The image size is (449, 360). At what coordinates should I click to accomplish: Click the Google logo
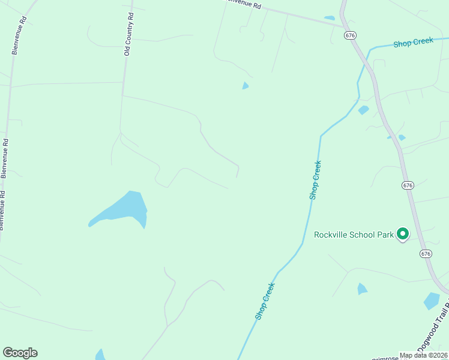(x=20, y=353)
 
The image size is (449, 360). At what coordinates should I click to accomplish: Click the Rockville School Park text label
(x=354, y=235)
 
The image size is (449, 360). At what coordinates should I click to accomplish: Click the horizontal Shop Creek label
(x=413, y=44)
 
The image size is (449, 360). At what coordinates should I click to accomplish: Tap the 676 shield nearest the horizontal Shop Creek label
(x=351, y=35)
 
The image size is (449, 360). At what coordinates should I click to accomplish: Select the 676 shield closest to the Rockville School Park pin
(x=426, y=254)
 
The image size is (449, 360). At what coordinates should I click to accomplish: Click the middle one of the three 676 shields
(x=408, y=185)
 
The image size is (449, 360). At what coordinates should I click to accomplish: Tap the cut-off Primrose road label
(x=385, y=358)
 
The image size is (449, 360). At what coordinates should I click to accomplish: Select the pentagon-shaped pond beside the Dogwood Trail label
(x=432, y=301)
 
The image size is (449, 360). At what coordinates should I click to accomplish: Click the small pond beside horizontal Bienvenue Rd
(x=329, y=18)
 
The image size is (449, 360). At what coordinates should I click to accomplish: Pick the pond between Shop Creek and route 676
(x=363, y=110)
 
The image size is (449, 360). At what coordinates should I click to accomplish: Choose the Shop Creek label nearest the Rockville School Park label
(x=315, y=180)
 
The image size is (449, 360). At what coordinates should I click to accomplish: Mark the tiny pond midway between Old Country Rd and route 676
(x=245, y=86)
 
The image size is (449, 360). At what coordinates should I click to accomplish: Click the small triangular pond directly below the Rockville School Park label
(x=361, y=289)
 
